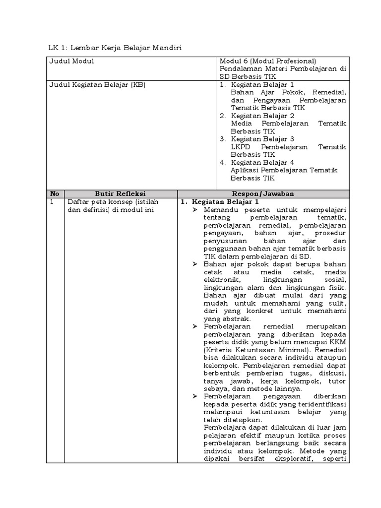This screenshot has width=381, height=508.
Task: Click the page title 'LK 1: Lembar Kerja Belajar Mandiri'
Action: click(x=116, y=48)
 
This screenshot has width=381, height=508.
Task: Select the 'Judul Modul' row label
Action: click(x=72, y=61)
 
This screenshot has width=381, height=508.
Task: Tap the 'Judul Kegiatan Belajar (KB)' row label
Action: click(x=97, y=85)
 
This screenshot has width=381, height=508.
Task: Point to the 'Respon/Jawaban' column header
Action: click(x=263, y=194)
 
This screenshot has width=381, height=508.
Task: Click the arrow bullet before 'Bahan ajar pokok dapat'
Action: click(x=195, y=264)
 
